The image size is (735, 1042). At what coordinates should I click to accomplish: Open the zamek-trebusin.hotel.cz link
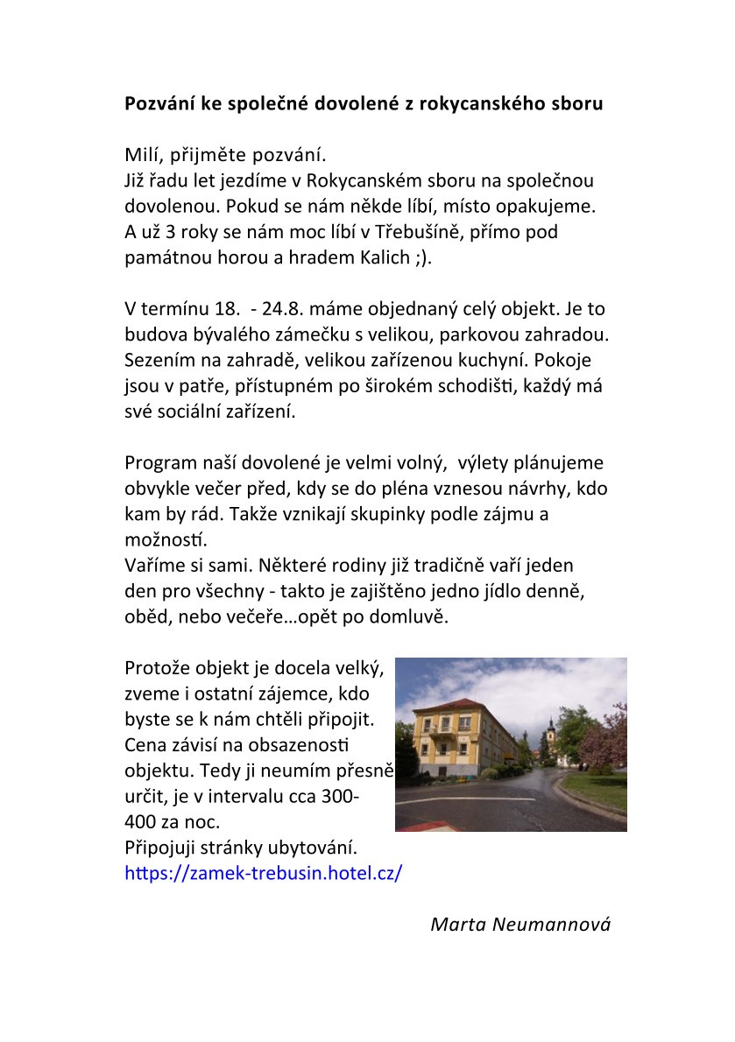(x=264, y=874)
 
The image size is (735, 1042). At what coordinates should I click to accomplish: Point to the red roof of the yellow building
(x=456, y=706)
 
